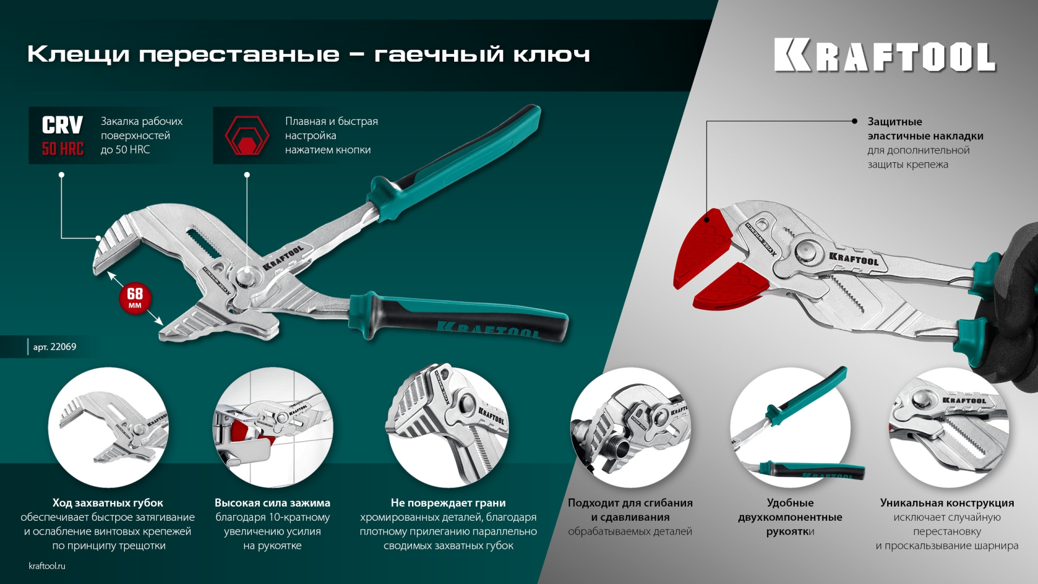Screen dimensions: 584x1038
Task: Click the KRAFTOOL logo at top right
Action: tap(884, 55)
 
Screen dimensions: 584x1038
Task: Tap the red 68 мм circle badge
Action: tap(135, 298)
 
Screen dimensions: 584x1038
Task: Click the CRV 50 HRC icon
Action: tap(63, 135)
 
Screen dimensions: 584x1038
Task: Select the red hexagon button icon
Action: tap(247, 136)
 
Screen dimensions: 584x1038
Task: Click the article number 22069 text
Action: tap(55, 347)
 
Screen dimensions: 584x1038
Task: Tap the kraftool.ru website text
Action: tap(47, 566)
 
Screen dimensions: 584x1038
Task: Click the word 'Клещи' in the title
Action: tap(78, 54)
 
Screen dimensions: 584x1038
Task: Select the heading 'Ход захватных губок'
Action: tap(108, 503)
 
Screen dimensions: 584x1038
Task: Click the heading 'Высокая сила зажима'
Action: tap(272, 503)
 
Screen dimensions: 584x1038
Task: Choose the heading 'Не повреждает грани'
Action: tap(448, 503)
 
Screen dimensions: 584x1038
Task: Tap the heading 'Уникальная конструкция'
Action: tap(947, 503)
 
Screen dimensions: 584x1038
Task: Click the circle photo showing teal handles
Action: tap(790, 427)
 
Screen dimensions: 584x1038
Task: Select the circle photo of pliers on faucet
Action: tap(272, 427)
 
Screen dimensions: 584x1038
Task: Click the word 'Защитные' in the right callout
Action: tap(895, 122)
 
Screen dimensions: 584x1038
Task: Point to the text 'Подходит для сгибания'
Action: tap(630, 503)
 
